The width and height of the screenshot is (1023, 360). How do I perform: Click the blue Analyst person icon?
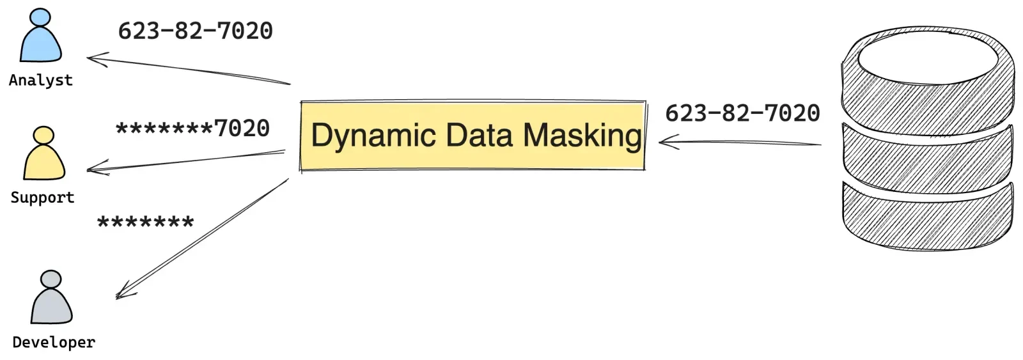[41, 36]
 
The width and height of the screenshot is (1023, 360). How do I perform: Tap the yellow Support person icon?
[44, 153]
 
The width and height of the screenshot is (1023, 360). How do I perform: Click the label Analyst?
[41, 81]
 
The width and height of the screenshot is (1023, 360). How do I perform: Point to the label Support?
[42, 198]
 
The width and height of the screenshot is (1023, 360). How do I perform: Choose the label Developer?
[54, 342]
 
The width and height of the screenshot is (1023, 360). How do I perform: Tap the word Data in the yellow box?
[479, 135]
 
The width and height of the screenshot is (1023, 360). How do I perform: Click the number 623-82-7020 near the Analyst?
[196, 31]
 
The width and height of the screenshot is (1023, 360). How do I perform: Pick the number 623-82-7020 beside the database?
[742, 113]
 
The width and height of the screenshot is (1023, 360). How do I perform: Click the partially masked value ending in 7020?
[192, 129]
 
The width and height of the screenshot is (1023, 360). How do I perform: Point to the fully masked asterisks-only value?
[145, 223]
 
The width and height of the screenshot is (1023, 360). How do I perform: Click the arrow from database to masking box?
[740, 142]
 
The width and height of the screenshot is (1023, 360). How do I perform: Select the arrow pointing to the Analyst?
[188, 68]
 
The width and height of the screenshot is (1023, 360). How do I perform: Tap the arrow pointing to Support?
[185, 160]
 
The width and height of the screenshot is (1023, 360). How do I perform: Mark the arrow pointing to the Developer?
[202, 239]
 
